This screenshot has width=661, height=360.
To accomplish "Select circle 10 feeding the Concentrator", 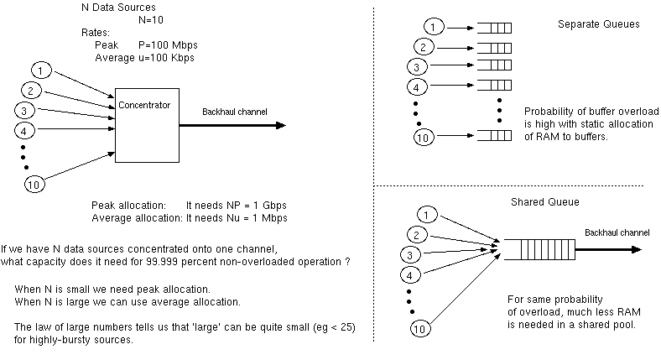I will coord(34,185).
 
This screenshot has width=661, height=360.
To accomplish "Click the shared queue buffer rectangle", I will coord(525,249).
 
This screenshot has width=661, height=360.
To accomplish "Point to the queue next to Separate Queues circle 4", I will coord(494,86).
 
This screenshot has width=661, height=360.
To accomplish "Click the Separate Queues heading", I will coord(598,24).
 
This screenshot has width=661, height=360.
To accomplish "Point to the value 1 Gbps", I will coord(268,205).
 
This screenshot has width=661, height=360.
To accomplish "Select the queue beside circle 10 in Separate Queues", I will coord(494,135).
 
